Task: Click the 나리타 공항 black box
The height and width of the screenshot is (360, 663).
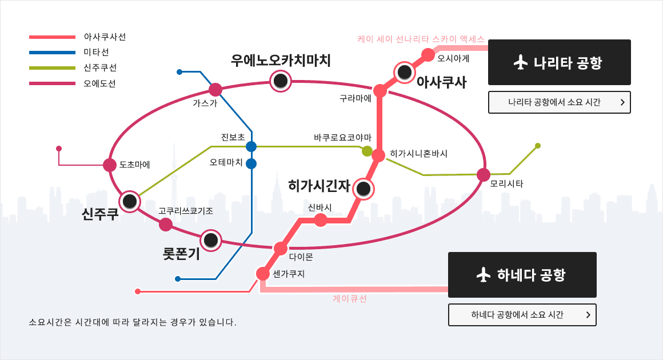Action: (x=560, y=62)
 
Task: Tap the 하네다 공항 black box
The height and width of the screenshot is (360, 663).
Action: (x=522, y=275)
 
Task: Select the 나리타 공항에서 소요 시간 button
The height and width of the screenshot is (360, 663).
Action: (x=560, y=102)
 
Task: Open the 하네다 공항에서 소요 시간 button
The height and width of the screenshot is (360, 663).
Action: (x=522, y=315)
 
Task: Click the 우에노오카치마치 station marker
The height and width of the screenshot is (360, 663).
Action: (x=281, y=81)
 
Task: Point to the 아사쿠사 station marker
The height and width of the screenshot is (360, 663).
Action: (x=405, y=72)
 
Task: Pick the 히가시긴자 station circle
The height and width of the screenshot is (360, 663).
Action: (x=364, y=189)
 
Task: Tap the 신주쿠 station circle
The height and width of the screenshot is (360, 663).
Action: (x=130, y=201)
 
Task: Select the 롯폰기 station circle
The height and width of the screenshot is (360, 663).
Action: (x=210, y=241)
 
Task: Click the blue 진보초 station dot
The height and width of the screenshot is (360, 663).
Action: (x=251, y=147)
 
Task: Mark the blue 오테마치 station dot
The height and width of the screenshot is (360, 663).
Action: (x=251, y=163)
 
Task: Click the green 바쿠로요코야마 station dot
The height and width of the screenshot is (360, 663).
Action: (x=367, y=151)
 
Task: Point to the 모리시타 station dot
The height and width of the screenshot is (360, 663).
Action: (x=484, y=174)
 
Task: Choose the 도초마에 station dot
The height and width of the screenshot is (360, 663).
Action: (x=110, y=165)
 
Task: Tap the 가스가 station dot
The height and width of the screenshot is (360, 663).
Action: (x=215, y=90)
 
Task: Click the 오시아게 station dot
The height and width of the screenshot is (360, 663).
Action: (x=428, y=55)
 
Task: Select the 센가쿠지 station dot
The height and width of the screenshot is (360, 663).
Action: (x=262, y=274)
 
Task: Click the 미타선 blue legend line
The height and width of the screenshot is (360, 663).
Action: (x=52, y=53)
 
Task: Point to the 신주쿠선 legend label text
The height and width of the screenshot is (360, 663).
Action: (x=100, y=67)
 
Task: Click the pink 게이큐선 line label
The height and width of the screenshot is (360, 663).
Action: (x=350, y=299)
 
